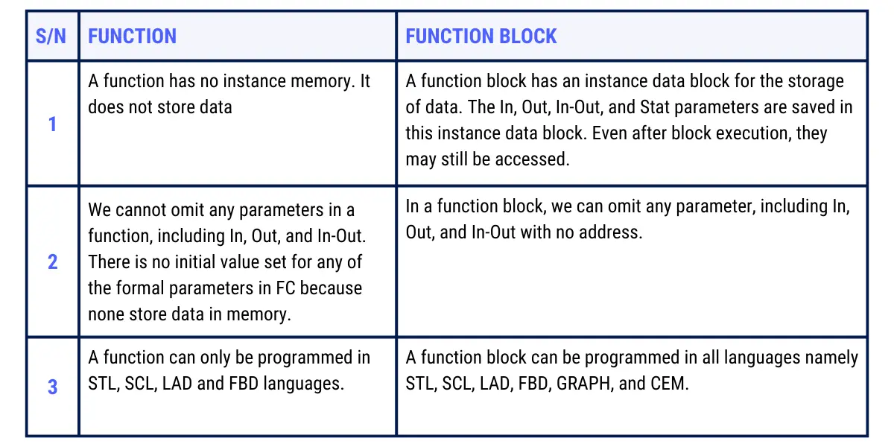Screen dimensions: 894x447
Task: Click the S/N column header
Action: (51, 37)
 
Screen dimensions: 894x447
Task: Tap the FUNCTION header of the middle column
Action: (132, 37)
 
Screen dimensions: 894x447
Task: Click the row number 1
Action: (52, 124)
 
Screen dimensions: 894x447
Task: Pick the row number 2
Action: (52, 261)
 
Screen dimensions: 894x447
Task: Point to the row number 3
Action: (52, 387)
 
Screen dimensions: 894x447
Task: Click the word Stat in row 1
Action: (655, 107)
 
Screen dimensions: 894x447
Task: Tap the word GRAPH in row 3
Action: (583, 384)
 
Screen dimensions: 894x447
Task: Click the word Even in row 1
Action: (609, 133)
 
